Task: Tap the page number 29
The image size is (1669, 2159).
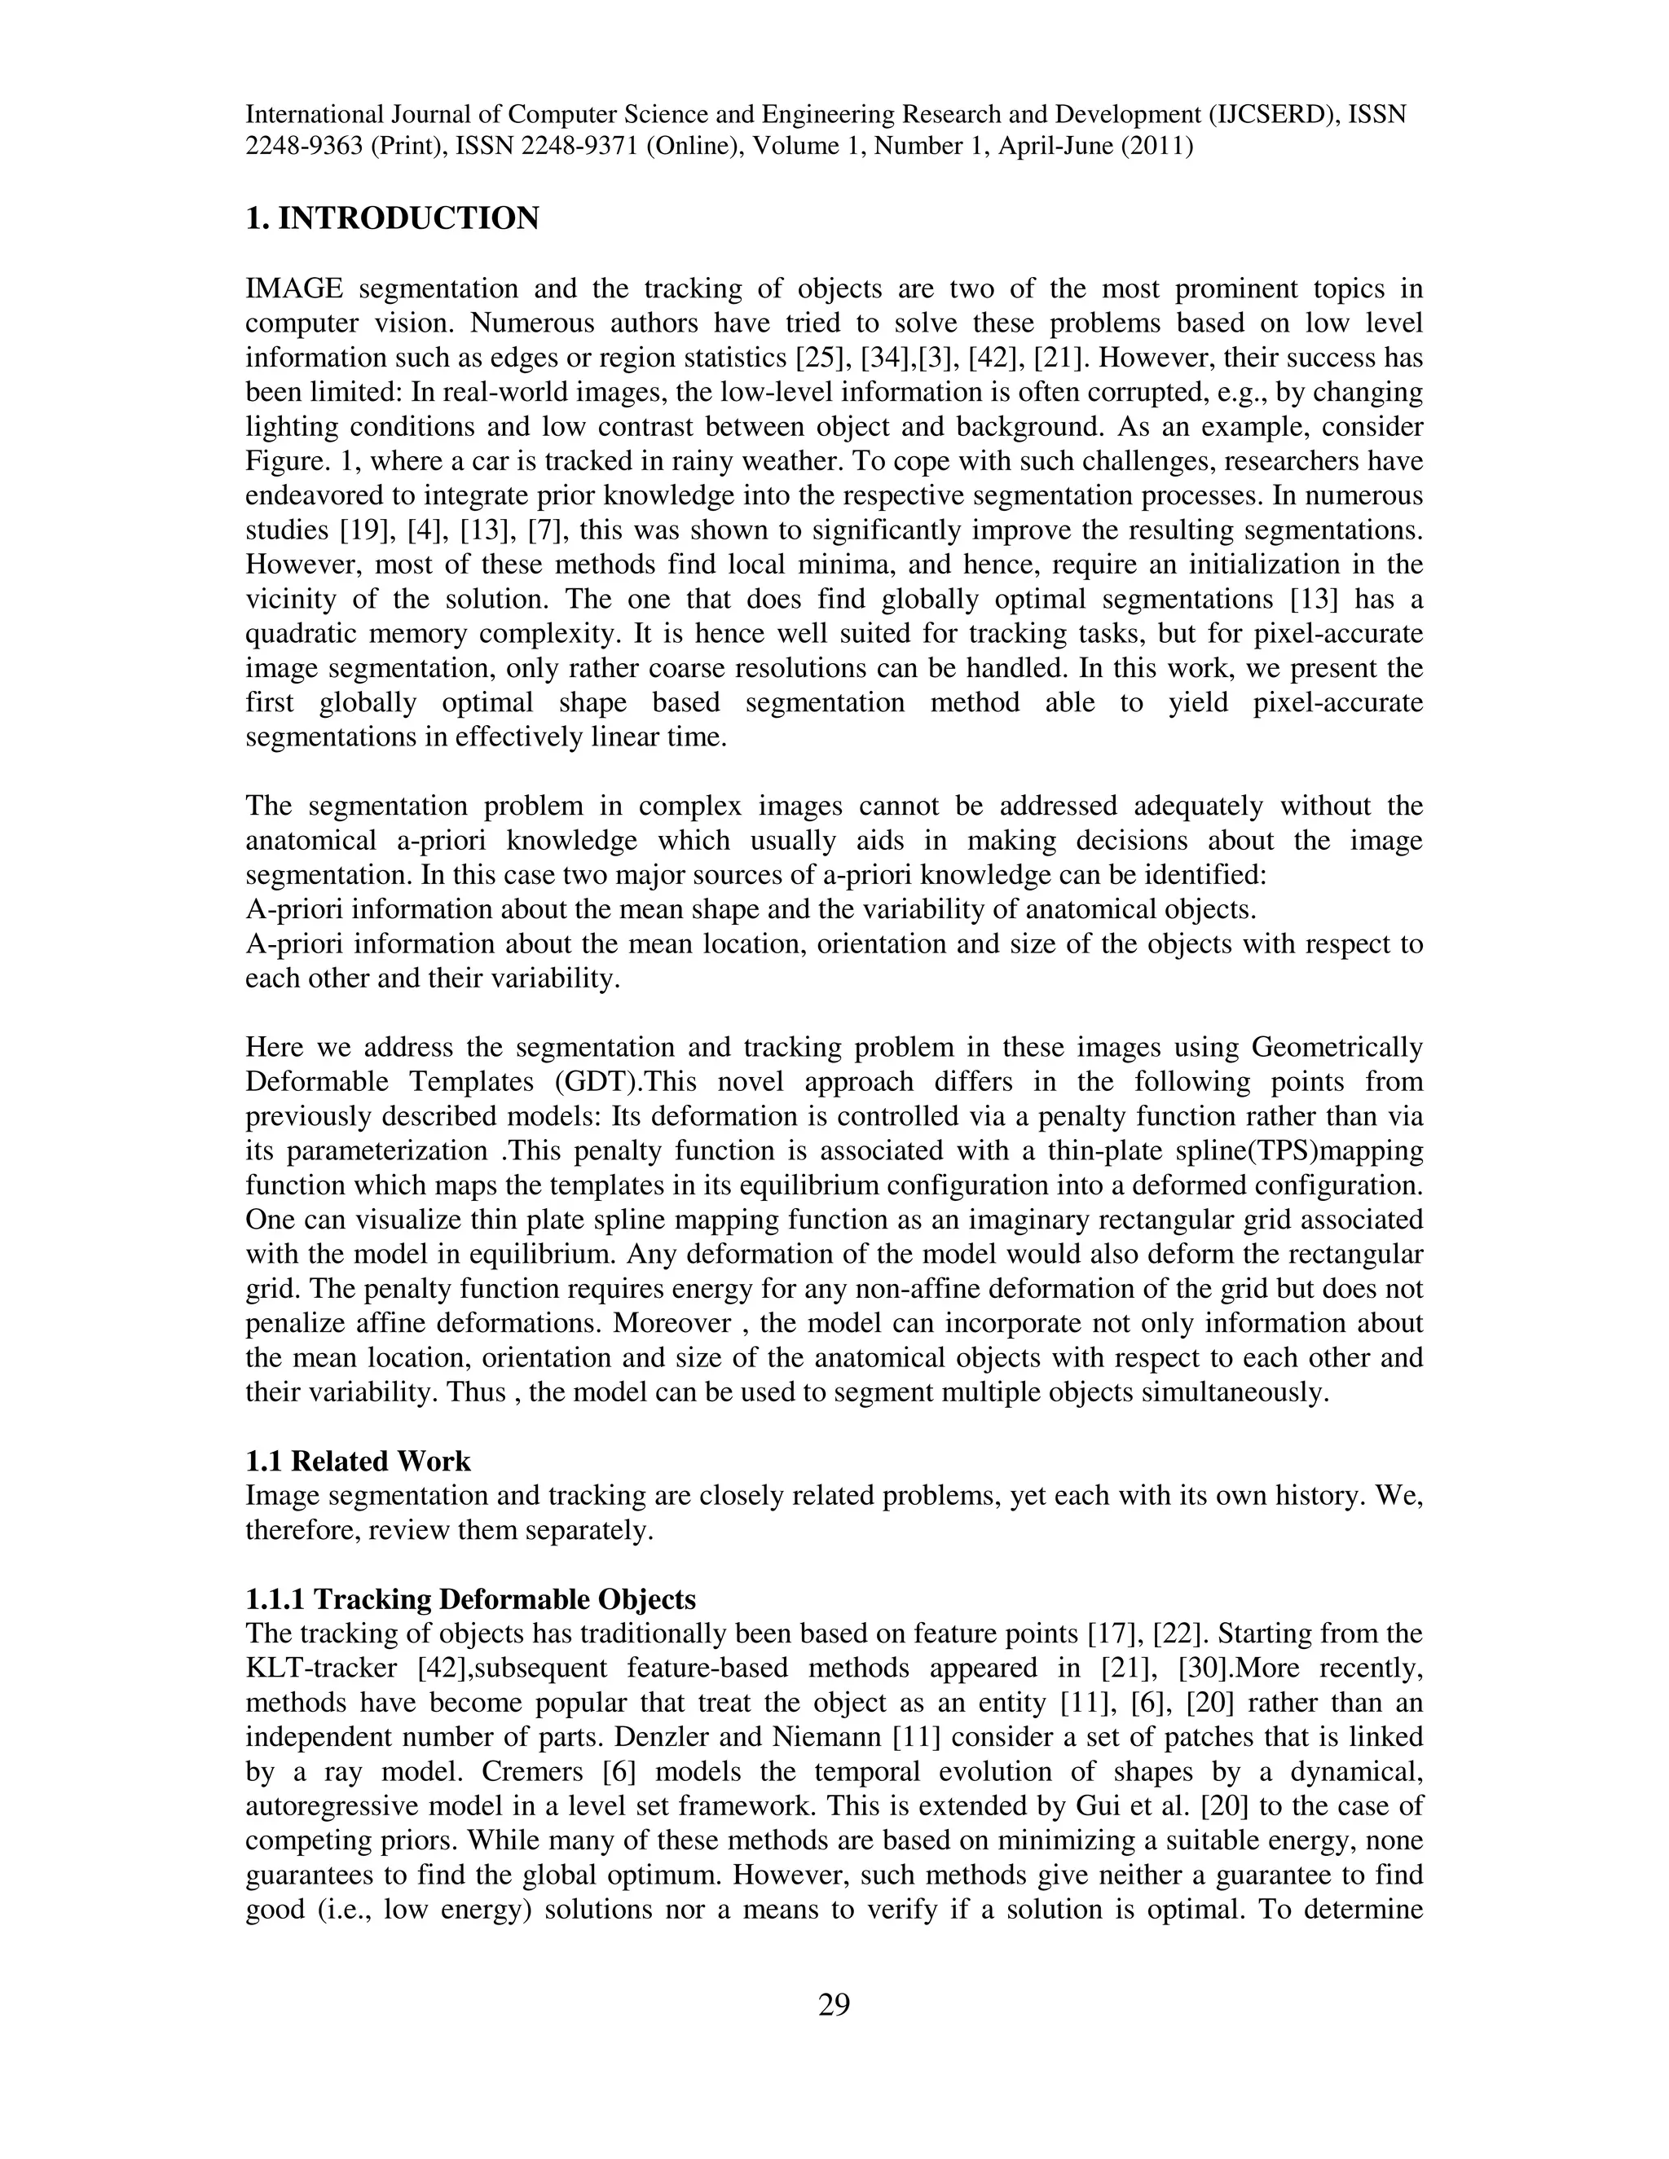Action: point(834,2004)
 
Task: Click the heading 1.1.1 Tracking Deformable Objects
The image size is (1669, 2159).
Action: point(471,1598)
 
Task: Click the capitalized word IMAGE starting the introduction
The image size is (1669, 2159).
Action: point(293,288)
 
